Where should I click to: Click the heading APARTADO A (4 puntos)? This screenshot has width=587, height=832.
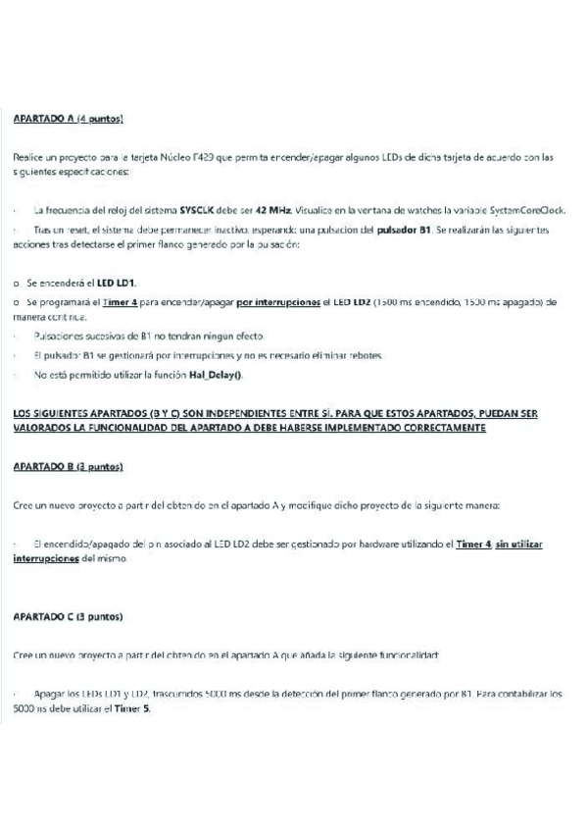[x=69, y=120]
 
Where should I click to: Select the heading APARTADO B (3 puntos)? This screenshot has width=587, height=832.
[x=69, y=467]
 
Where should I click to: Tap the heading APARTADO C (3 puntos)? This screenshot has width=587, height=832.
[x=69, y=617]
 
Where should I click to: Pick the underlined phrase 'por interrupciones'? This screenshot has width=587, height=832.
[x=278, y=302]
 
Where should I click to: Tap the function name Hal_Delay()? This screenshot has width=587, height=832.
[x=212, y=375]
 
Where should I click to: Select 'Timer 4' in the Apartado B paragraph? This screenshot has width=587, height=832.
[x=473, y=543]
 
